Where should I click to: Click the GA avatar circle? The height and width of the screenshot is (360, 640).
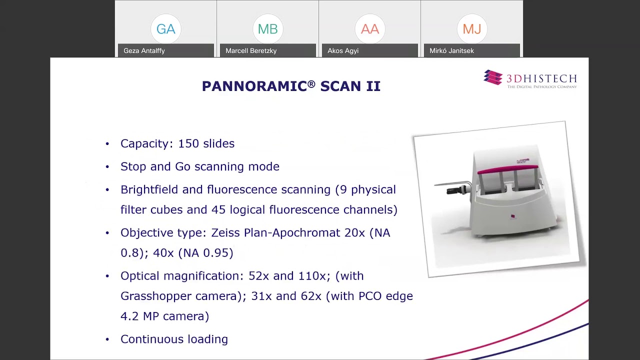165,29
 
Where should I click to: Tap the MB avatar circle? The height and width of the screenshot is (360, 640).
267,29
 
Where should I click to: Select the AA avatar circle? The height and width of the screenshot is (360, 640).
369,29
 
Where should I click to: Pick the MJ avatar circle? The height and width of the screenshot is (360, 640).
471,29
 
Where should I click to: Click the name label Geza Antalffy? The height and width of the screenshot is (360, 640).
144,50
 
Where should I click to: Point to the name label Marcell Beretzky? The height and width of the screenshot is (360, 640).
251,50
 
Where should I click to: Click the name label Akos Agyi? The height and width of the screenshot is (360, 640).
343,50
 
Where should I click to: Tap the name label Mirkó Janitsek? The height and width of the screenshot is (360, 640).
451,50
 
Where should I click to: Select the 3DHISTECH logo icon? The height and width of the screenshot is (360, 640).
493,77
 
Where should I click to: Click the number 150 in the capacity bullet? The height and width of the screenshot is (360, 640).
188,143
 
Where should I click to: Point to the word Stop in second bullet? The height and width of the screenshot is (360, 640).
133,166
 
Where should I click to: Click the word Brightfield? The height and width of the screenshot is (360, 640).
149,189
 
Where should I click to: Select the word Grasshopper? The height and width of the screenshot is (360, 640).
156,296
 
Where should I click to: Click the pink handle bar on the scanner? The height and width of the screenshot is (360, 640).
507,169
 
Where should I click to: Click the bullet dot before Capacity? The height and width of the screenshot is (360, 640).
107,144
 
